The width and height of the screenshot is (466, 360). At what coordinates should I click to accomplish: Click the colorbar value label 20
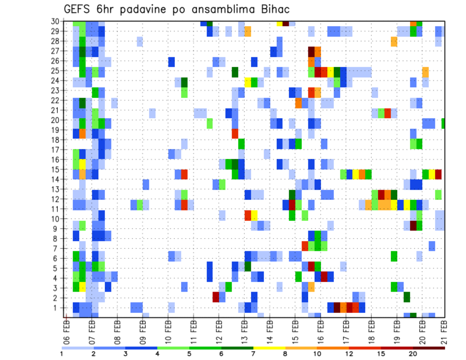tap(413, 354)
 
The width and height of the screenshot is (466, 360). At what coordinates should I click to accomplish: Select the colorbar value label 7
tap(253, 354)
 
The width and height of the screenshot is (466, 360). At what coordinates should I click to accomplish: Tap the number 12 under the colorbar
tap(349, 354)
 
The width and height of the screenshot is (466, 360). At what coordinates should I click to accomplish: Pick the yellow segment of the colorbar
tap(269, 348)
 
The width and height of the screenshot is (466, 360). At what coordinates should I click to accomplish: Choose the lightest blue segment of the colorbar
tap(78, 348)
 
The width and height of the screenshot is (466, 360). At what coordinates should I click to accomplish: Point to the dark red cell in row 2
tap(216, 297)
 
